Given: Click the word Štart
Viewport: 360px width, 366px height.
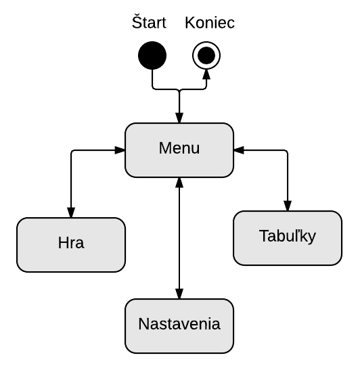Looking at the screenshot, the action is [x=149, y=22].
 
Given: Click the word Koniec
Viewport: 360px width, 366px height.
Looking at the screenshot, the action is [x=210, y=22].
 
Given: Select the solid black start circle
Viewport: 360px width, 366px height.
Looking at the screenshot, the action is [x=152, y=55].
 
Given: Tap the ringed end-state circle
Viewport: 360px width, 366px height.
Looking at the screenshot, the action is [x=206, y=55].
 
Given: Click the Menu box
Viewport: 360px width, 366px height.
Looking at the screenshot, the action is [x=179, y=150].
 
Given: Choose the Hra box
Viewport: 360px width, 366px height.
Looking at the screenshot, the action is [x=71, y=245].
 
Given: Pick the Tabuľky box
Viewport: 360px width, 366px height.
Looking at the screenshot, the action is [x=288, y=238].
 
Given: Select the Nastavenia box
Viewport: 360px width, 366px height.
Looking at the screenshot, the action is [x=179, y=326].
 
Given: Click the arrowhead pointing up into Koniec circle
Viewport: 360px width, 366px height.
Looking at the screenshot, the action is [x=206, y=74].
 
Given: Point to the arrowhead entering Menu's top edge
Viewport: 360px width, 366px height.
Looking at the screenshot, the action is [x=179, y=118].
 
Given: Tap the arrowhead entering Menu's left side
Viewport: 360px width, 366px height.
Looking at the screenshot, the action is [x=120, y=150].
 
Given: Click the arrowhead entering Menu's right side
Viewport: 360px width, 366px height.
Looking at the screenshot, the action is [x=239, y=150].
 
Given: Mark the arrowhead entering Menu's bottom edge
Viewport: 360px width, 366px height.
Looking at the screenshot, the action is [x=179, y=183].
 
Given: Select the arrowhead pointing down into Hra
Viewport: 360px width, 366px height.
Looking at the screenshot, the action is [x=71, y=212].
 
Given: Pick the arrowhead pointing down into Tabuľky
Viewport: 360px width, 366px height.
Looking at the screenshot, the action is [x=288, y=206].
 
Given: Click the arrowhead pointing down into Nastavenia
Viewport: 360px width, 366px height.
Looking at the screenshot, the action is [x=179, y=294].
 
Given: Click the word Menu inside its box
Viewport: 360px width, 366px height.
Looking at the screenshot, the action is [x=179, y=148].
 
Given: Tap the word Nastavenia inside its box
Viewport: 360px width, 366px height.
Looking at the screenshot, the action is [x=179, y=324].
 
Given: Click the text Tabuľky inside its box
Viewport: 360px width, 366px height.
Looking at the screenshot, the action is [x=288, y=236].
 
